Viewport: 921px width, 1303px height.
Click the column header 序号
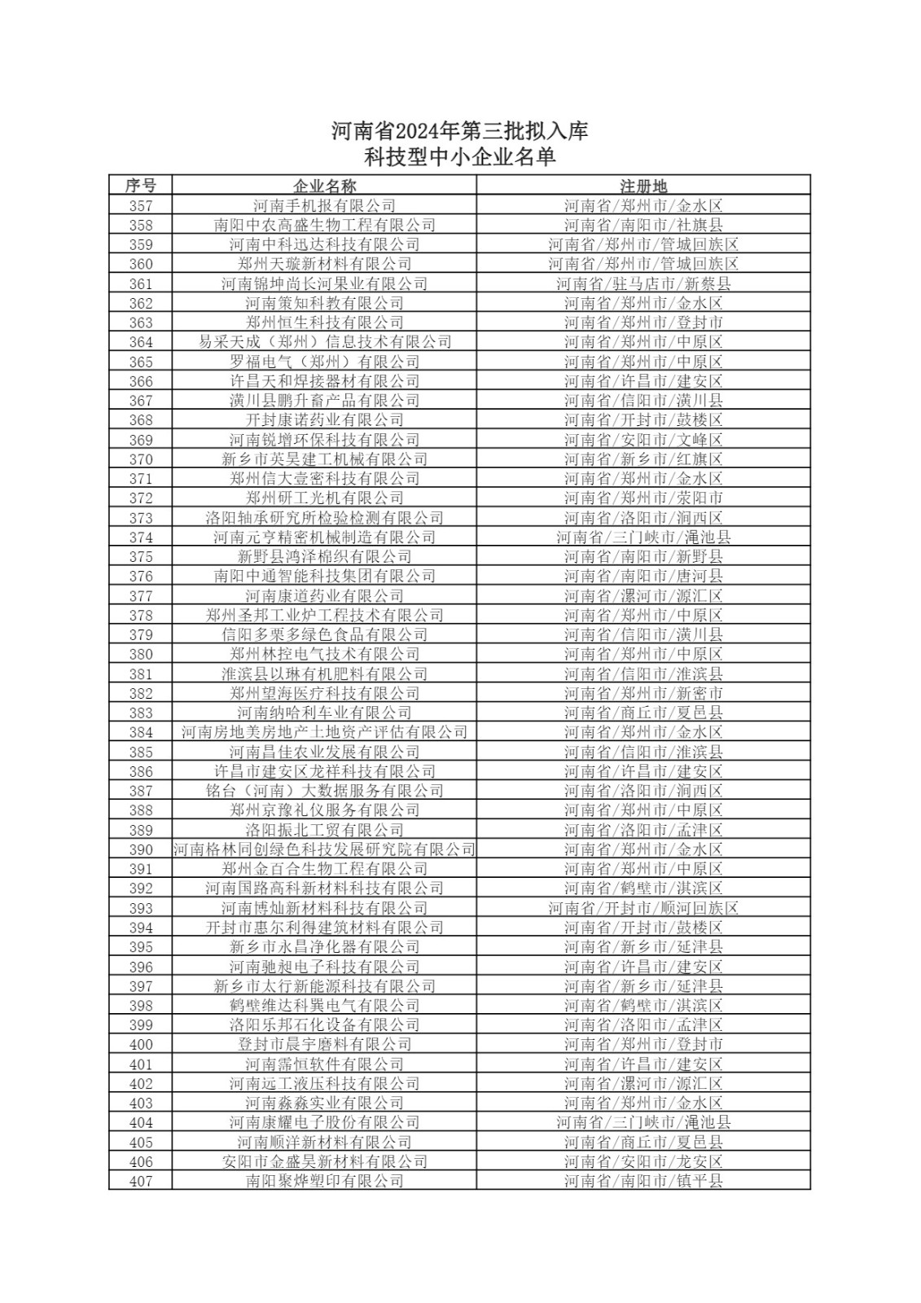pos(140,186)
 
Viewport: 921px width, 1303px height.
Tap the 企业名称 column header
pos(324,186)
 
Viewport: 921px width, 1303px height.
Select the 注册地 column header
pos(643,186)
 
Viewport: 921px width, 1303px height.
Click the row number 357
pos(140,206)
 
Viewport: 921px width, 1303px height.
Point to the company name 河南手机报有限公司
pos(324,206)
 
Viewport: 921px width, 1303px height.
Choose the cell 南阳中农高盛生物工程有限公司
pos(324,226)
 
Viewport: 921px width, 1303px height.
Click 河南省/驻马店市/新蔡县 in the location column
pos(643,284)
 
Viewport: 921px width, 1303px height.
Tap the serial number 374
pos(140,537)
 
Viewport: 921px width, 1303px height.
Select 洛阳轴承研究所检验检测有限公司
pos(324,518)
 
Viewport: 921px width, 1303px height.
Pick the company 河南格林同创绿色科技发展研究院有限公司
pos(324,849)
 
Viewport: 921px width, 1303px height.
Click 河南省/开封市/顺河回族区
pos(643,908)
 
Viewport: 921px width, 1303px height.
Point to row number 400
pos(140,1045)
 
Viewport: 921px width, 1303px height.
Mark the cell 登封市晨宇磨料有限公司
pos(324,1045)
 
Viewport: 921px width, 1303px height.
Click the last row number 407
pos(140,1182)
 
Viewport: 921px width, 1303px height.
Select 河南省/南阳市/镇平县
pos(643,1182)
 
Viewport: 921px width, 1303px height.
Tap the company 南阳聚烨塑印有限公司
pos(324,1182)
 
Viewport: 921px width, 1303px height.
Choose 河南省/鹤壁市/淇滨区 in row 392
pos(643,888)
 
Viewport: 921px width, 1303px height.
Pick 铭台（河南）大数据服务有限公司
pos(324,791)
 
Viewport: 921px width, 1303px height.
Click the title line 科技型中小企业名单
pos(459,157)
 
